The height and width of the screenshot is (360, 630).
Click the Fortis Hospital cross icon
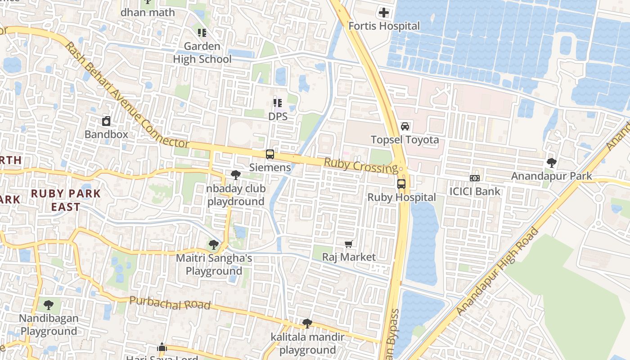click(384, 13)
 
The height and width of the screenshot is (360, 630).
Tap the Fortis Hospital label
click(384, 26)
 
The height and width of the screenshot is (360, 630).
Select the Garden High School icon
click(202, 33)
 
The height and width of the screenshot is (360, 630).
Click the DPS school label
click(278, 117)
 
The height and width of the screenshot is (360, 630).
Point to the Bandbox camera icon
click(106, 121)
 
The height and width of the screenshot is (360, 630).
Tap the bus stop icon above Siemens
click(270, 154)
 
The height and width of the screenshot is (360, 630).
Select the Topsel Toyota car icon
click(405, 126)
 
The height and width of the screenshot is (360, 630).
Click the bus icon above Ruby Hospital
click(401, 184)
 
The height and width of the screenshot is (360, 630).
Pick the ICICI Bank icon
click(475, 178)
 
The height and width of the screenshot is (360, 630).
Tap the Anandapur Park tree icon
click(551, 162)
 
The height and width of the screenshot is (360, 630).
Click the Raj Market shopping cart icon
click(349, 244)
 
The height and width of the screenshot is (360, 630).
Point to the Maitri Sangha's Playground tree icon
click(214, 245)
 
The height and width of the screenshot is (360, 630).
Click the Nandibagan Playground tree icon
click(49, 305)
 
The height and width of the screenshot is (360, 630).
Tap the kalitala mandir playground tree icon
click(307, 323)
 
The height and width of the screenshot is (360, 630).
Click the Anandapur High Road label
click(497, 272)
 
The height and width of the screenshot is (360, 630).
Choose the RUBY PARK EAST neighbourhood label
click(66, 200)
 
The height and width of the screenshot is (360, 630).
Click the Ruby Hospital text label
click(401, 198)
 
